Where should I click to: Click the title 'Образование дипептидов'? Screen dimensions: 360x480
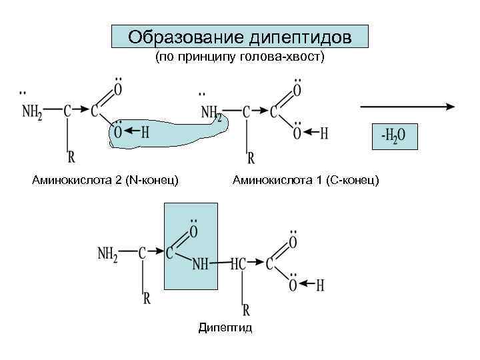pyautogui.click(x=240, y=36)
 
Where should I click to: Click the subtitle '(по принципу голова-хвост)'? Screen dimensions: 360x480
pyautogui.click(x=240, y=58)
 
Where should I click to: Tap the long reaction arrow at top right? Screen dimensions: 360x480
pyautogui.click(x=407, y=106)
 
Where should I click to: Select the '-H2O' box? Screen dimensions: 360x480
pyautogui.click(x=393, y=136)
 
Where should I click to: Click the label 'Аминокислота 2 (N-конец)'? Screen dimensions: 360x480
pyautogui.click(x=105, y=180)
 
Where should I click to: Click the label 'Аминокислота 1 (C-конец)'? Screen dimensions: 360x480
pyautogui.click(x=306, y=180)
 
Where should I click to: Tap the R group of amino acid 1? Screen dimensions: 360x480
pyautogui.click(x=251, y=159)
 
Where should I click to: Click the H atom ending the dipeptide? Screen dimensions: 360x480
pyautogui.click(x=320, y=285)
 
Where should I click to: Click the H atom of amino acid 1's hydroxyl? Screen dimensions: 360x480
pyautogui.click(x=324, y=133)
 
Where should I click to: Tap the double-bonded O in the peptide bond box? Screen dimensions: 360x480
pyautogui.click(x=193, y=231)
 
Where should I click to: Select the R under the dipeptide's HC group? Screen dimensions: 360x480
pyautogui.click(x=246, y=310)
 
